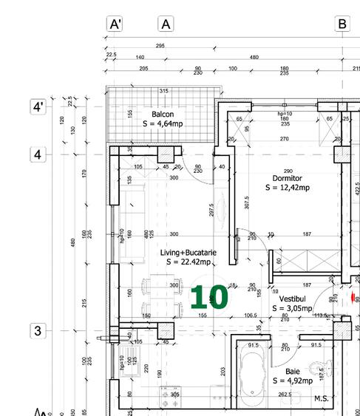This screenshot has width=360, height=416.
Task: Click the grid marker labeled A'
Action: point(115,24)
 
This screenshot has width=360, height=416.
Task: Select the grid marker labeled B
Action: point(342,24)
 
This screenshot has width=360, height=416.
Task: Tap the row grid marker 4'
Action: point(38,107)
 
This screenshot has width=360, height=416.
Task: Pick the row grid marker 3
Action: point(38,330)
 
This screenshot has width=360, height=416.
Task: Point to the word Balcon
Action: point(163,115)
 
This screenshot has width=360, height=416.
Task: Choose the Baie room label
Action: point(293,372)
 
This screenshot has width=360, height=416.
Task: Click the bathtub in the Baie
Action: point(253,376)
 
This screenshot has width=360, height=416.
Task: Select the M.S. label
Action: point(321,400)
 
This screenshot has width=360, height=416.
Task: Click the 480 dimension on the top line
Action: point(254,58)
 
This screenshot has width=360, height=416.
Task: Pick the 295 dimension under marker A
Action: point(160,47)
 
